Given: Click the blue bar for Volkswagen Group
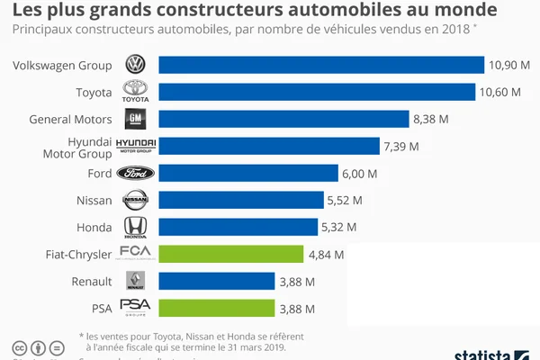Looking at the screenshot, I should pyautogui.click(x=321, y=65).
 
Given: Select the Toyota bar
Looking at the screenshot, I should pyautogui.click(x=317, y=92).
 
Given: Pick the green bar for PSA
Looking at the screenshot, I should pyautogui.click(x=217, y=308).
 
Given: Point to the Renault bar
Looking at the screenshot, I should pyautogui.click(x=217, y=281).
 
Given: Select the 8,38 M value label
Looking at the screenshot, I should pyautogui.click(x=430, y=119).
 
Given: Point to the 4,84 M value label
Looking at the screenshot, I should pyautogui.click(x=326, y=254).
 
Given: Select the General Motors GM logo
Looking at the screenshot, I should pyautogui.click(x=136, y=119).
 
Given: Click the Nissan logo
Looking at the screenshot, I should pyautogui.click(x=136, y=200).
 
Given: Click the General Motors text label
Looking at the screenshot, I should pyautogui.click(x=70, y=119).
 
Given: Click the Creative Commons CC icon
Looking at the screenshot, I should pyautogui.click(x=18, y=348).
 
